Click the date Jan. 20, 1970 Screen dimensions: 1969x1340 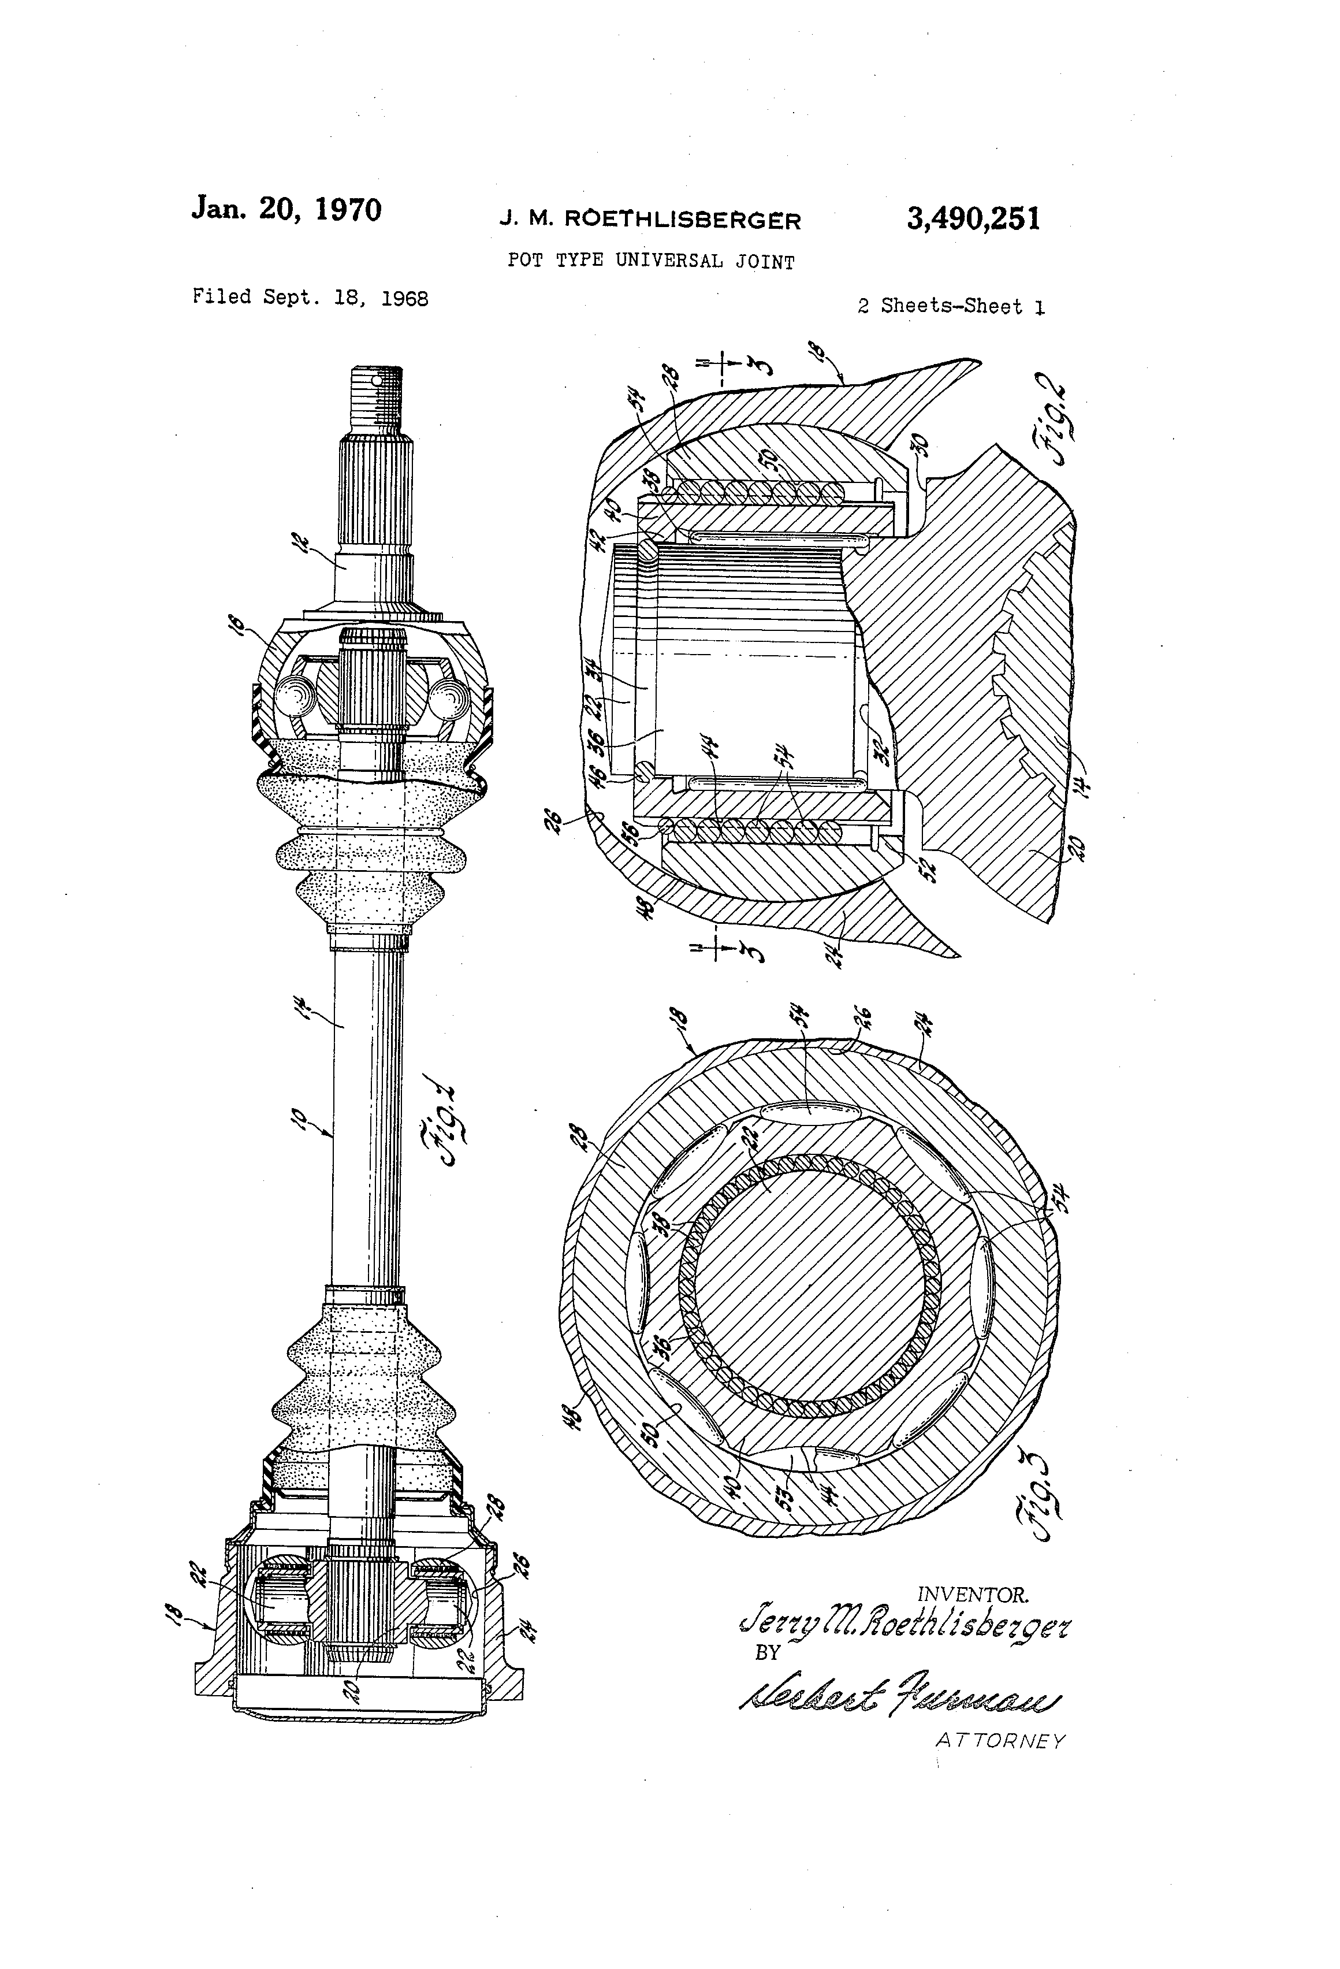tap(286, 209)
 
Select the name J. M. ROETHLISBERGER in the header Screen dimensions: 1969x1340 tap(650, 220)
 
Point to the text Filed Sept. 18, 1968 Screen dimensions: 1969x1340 tap(310, 298)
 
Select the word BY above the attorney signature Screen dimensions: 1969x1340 tap(766, 1652)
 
